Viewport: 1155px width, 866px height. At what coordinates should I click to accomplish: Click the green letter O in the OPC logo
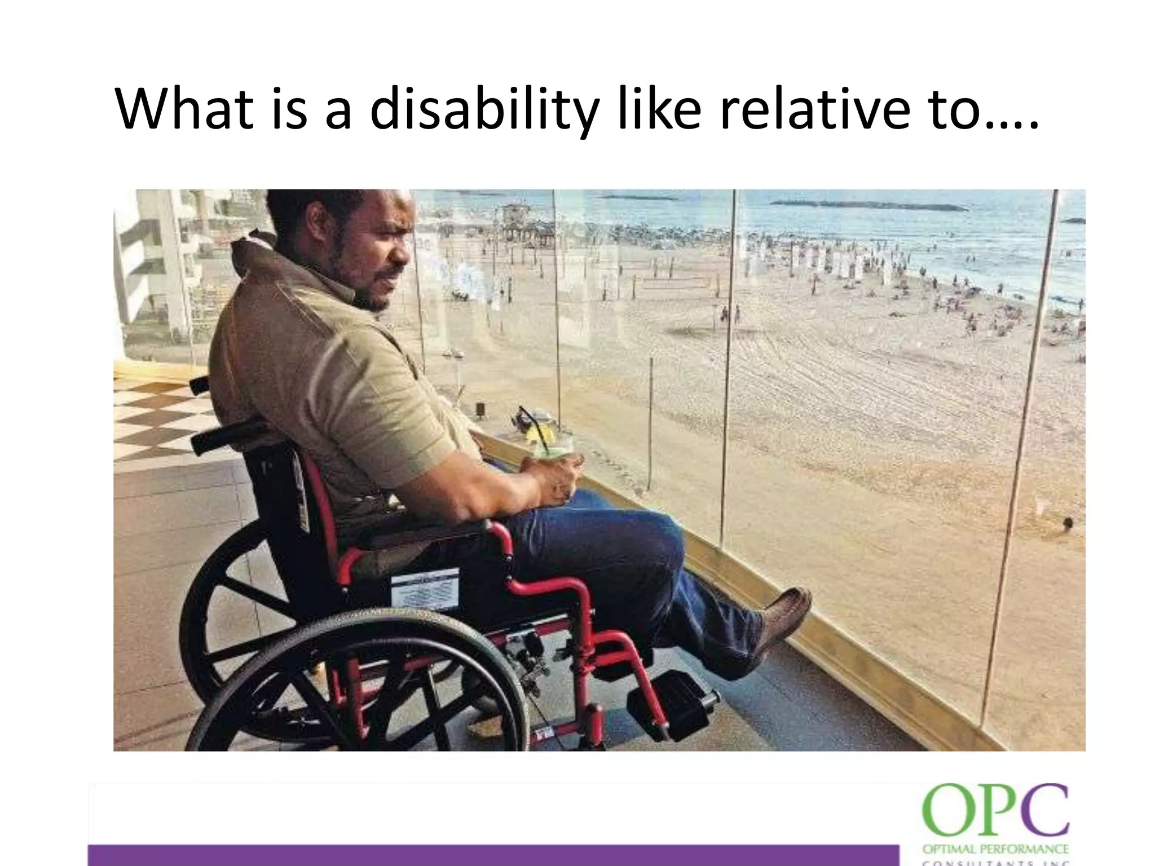pyautogui.click(x=948, y=812)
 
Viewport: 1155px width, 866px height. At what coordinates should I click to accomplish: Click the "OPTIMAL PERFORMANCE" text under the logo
pyautogui.click(x=995, y=849)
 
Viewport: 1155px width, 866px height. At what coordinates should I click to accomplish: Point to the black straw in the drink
pyautogui.click(x=533, y=426)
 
